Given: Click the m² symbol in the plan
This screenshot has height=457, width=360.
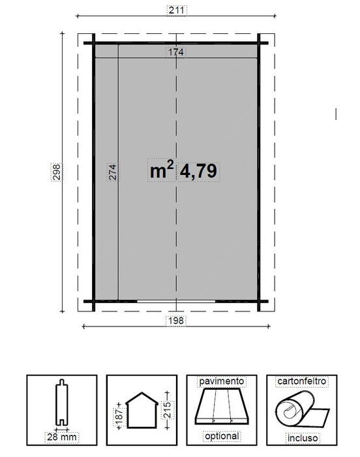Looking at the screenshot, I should click(161, 171).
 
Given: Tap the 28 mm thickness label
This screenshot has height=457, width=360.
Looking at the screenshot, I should click(59, 436).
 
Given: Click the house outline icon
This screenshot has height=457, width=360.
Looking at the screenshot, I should click(142, 409).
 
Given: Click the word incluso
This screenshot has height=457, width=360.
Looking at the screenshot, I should click(301, 435).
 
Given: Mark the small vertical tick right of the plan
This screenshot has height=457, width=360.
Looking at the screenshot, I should click(335, 113).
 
